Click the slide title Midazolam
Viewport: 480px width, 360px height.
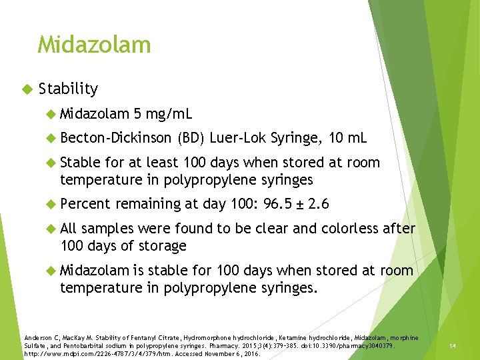click(94, 45)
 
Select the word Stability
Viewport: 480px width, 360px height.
click(68, 89)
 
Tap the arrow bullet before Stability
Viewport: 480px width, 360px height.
click(27, 89)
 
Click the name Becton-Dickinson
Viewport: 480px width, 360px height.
click(115, 138)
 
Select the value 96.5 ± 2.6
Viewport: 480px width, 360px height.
click(297, 204)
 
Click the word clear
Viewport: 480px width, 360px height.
click(273, 229)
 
